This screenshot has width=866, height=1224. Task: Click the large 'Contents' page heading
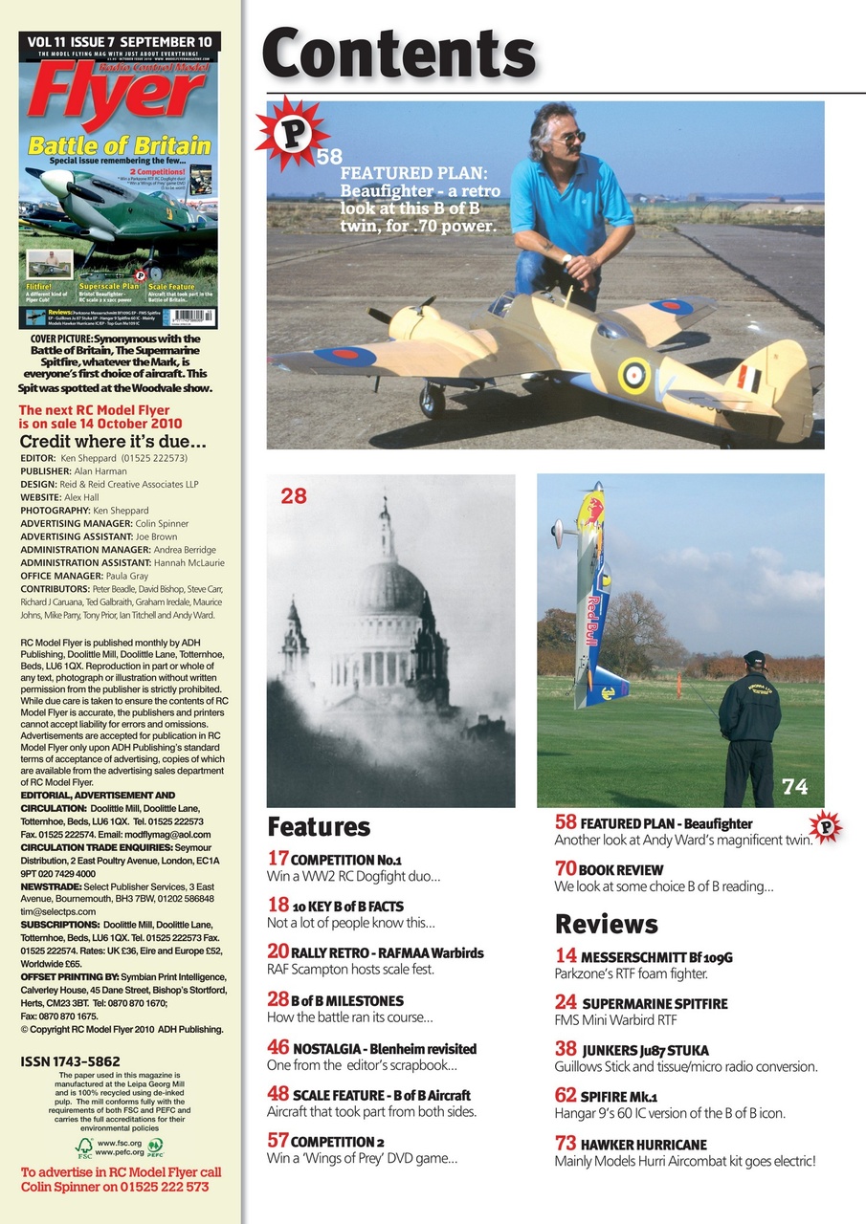click(x=398, y=54)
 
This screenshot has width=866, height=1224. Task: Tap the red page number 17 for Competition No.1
click(x=278, y=858)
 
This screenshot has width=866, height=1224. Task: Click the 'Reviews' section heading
click(x=606, y=924)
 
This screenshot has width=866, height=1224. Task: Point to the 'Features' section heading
click(x=318, y=826)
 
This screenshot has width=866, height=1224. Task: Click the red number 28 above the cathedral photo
click(x=293, y=495)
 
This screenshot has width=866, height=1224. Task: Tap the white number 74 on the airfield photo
click(x=794, y=786)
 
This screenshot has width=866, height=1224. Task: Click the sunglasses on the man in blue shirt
click(x=570, y=139)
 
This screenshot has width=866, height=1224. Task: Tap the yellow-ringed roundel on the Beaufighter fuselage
click(x=633, y=375)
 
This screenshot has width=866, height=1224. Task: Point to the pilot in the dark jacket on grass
click(x=749, y=727)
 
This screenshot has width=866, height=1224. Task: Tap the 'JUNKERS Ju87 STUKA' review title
click(x=645, y=1050)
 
